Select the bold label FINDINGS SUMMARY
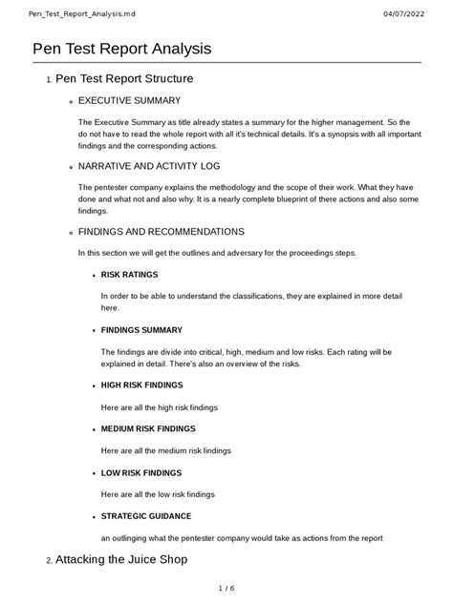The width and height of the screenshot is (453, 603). pyautogui.click(x=141, y=330)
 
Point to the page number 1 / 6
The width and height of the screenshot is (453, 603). pyautogui.click(x=226, y=588)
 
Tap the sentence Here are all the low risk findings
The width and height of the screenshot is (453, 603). pyautogui.click(x=158, y=494)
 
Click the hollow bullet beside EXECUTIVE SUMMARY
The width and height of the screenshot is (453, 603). pyautogui.click(x=72, y=101)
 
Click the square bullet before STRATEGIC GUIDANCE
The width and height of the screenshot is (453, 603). pyautogui.click(x=94, y=517)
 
